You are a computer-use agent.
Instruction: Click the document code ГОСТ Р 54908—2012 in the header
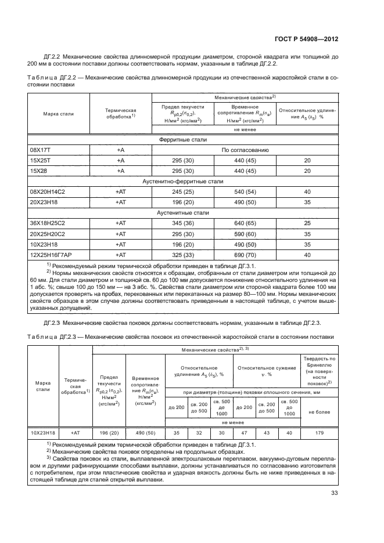tap(307, 39)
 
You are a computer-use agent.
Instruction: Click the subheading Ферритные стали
tap(183, 140)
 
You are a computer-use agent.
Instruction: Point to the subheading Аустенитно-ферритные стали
tap(183, 181)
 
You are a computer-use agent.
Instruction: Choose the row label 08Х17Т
tap(41, 150)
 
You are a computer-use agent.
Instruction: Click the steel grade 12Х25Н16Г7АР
tap(51, 254)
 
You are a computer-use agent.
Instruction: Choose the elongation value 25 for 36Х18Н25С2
tap(307, 223)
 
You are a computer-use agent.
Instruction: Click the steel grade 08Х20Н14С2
tap(46, 191)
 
